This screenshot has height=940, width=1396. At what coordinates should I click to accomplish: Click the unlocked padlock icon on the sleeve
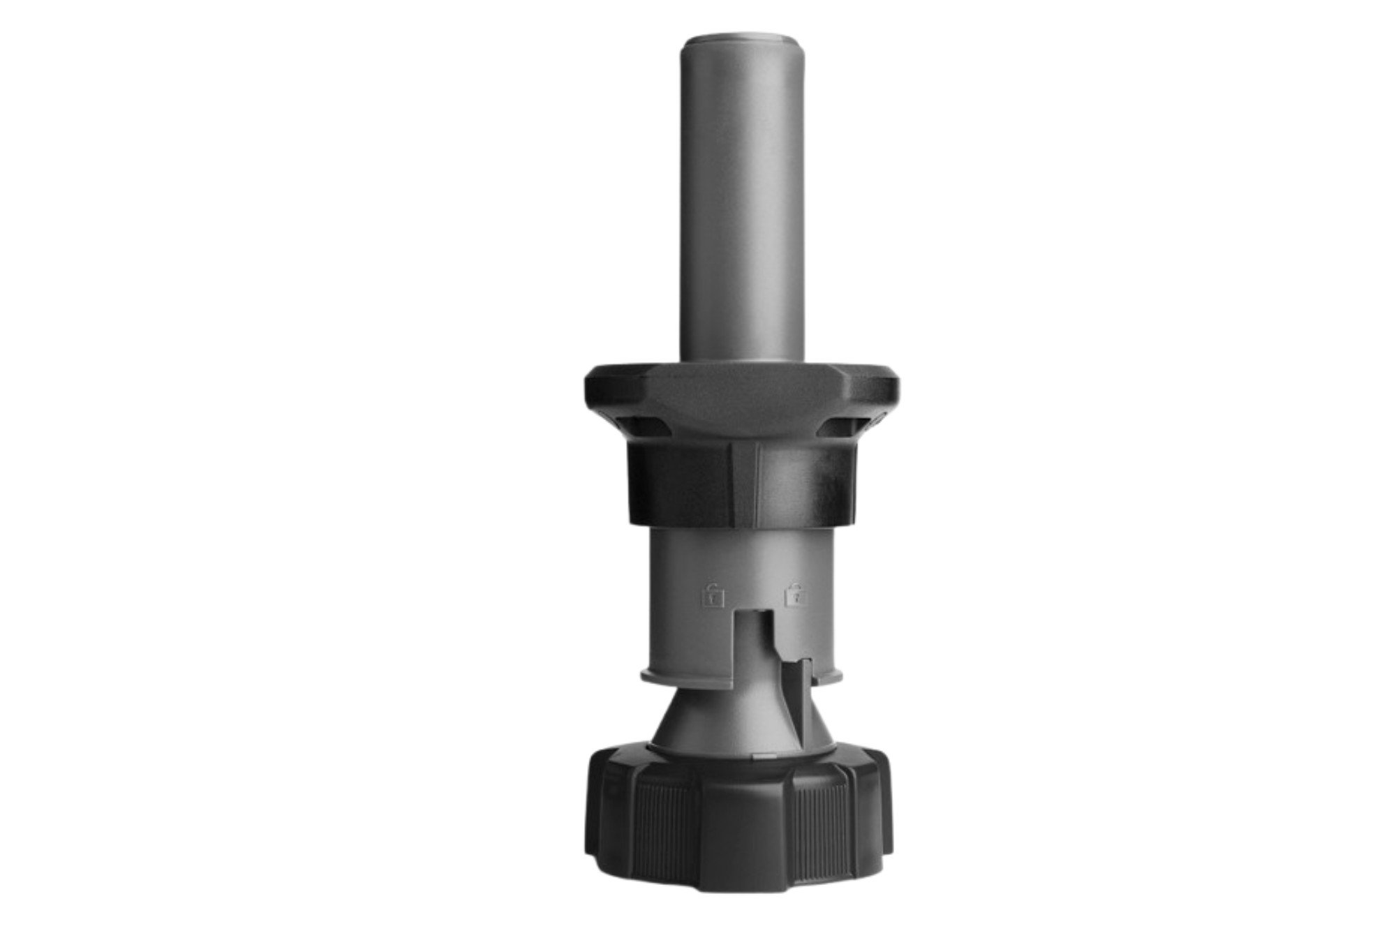(x=713, y=597)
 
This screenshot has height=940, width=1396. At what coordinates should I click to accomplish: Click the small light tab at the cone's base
(x=764, y=756)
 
